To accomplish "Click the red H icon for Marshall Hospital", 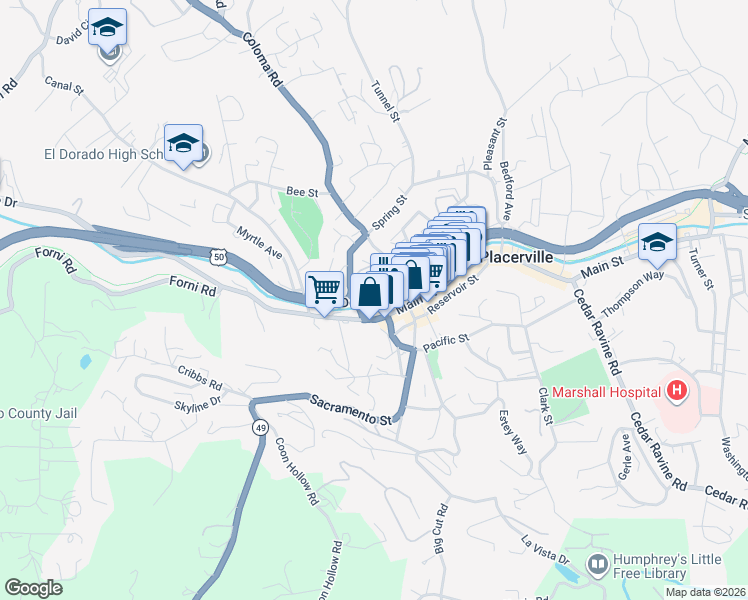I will pyautogui.click(x=678, y=390).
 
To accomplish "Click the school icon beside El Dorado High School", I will pyautogui.click(x=184, y=146).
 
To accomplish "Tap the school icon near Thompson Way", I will pyautogui.click(x=657, y=243).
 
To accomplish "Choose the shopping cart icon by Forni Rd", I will pyautogui.click(x=324, y=291).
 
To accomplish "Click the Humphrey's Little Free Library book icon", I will pyautogui.click(x=597, y=566).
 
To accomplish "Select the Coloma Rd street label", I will pyautogui.click(x=261, y=63).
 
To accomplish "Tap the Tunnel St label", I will pyautogui.click(x=385, y=103).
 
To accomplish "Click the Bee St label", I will pyautogui.click(x=301, y=191).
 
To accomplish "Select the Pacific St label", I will pyautogui.click(x=446, y=342).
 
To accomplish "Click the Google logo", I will pyautogui.click(x=34, y=588).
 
